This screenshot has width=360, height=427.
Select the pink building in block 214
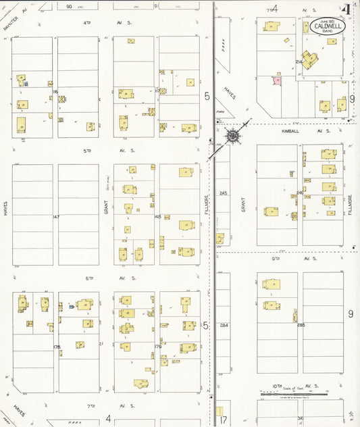tap(276, 80)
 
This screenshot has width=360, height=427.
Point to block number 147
tap(56, 216)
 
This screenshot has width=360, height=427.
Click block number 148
tap(157, 216)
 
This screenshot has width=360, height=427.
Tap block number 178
tap(57, 347)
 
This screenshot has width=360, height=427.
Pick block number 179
tap(157, 347)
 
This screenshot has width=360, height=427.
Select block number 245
tap(224, 193)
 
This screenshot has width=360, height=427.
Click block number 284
tap(224, 325)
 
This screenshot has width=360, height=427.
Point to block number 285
tap(301, 325)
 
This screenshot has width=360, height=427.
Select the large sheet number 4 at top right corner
tap(346, 9)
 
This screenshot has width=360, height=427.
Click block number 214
tap(299, 61)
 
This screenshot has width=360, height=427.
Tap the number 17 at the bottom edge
tap(223, 419)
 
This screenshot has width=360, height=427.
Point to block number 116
tap(55, 91)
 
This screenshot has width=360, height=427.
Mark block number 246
tap(299, 193)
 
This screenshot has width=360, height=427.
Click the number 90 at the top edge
tap(69, 6)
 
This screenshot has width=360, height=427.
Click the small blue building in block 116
tap(27, 84)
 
